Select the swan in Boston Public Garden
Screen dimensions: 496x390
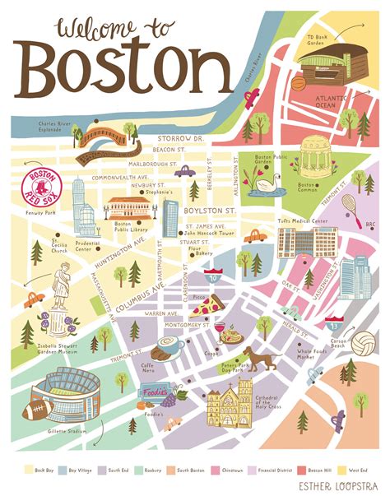tap(266, 184)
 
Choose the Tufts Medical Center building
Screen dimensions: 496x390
tap(307, 245)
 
